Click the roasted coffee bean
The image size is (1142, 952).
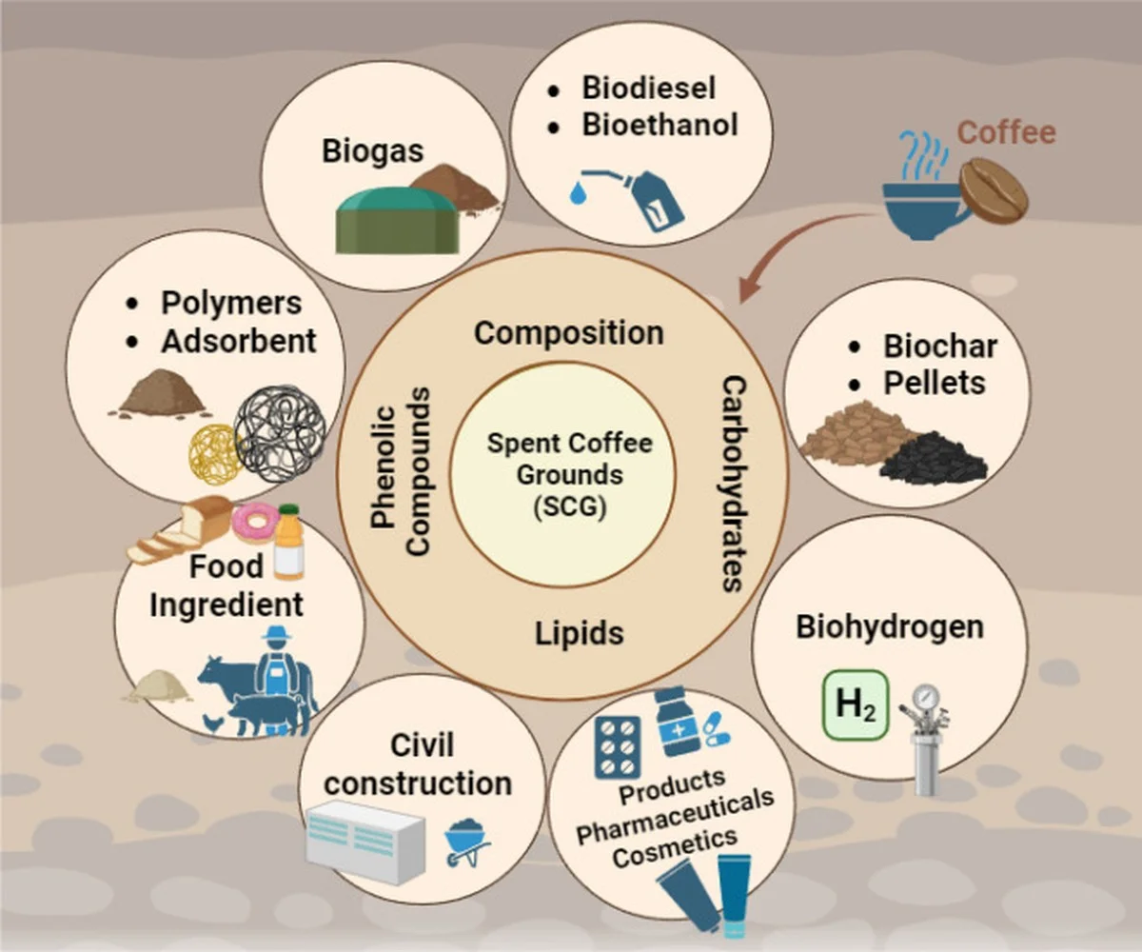994,191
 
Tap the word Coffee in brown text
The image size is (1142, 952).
1006,133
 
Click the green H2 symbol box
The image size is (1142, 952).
856,705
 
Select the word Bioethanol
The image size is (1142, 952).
660,125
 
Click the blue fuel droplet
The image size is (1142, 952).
577,193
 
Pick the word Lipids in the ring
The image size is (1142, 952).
580,634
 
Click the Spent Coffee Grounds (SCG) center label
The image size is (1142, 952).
569,475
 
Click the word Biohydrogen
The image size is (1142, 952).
890,627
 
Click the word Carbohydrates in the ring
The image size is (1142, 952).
735,484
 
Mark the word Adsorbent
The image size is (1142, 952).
239,342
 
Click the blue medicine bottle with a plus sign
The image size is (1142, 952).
679,723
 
